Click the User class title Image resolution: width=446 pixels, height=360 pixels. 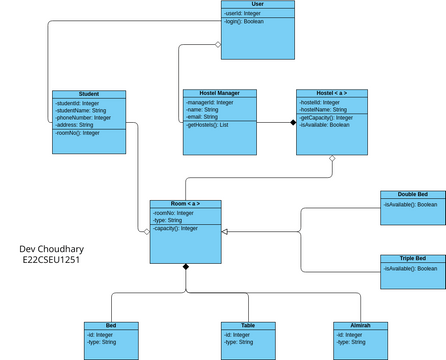coord(258,5)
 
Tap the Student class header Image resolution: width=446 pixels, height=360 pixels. coord(88,94)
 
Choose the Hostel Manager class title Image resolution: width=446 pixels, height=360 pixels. coord(219,94)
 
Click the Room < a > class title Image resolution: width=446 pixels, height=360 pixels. coord(185,204)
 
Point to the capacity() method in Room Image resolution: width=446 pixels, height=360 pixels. coord(176,229)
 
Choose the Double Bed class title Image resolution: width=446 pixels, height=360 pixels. coord(413,194)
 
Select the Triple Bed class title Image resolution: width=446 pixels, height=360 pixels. coord(413,259)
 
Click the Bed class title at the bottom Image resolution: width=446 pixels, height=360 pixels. coord(110,326)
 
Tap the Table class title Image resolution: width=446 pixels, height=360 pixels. coord(247,326)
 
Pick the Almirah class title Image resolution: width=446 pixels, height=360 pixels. coord(359,326)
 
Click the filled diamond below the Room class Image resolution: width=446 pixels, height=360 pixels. coord(185,267)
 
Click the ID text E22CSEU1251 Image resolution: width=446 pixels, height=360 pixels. coord(51,260)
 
